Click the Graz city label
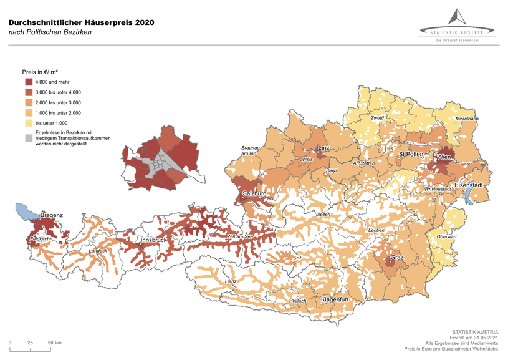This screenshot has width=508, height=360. point(396,258)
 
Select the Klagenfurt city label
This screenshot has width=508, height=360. point(334,299)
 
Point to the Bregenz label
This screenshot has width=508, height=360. point(51,215)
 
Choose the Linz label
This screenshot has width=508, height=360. point(323,148)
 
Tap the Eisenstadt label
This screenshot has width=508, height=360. point(471,185)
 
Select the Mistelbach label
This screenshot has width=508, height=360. point(467,118)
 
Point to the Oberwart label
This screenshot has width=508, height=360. point(448,236)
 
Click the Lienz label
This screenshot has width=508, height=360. point(231,282)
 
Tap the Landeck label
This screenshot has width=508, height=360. point(98,251)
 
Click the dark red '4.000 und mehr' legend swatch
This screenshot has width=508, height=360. point(29,82)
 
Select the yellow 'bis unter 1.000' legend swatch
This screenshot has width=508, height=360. point(29,123)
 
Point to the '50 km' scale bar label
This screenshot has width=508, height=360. point(54,343)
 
